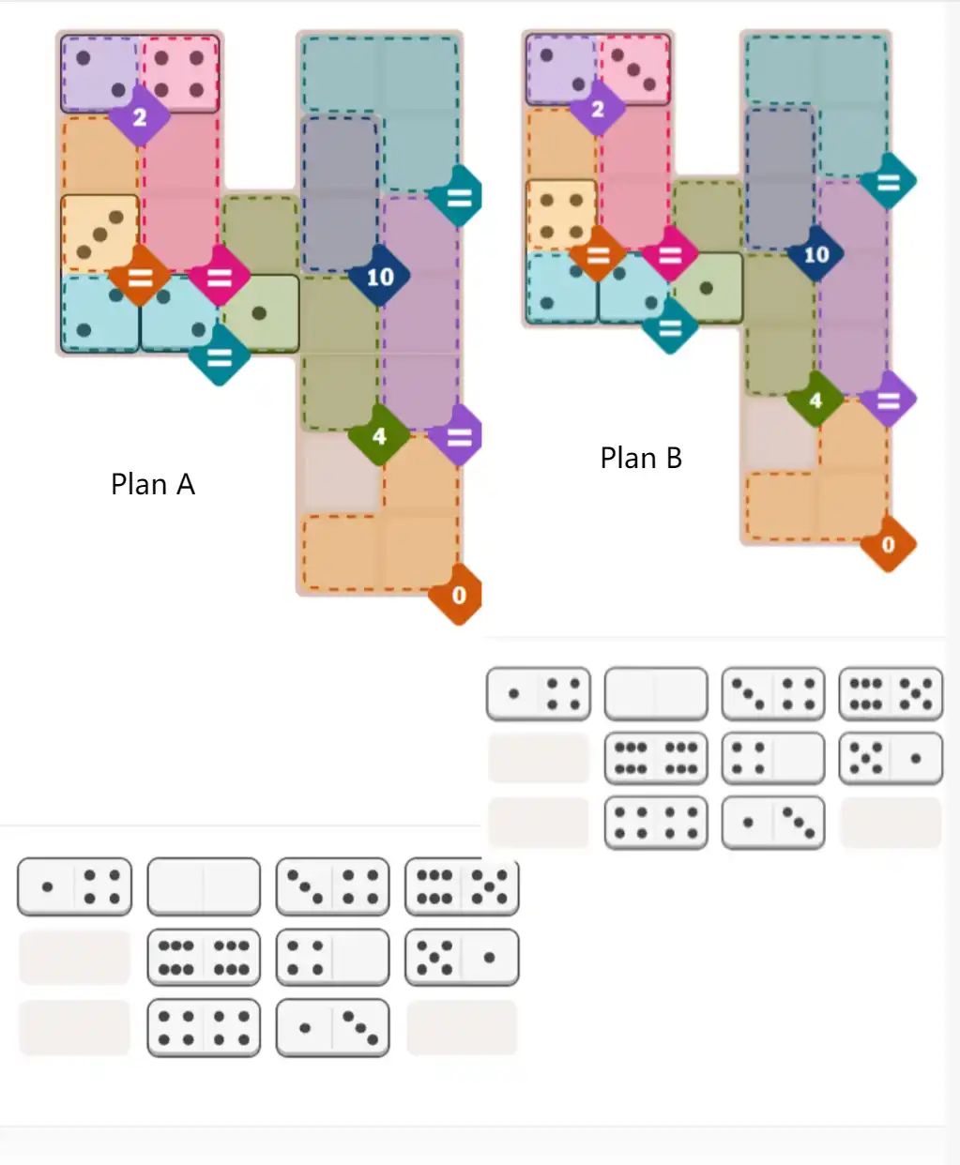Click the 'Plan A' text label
click(153, 484)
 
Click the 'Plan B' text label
click(641, 458)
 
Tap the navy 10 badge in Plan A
click(379, 277)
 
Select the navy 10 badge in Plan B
click(815, 254)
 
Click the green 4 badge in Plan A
click(378, 436)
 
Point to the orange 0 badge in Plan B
click(888, 544)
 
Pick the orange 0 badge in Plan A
click(458, 595)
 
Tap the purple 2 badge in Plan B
click(598, 110)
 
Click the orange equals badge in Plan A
click(140, 278)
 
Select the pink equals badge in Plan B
click(670, 254)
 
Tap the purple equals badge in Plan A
click(458, 437)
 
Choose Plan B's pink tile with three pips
click(634, 69)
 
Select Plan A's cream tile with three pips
click(100, 234)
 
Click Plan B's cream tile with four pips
click(561, 216)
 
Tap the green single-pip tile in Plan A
click(260, 313)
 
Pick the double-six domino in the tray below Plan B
click(655, 758)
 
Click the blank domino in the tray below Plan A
click(204, 886)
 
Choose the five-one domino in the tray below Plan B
click(890, 758)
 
